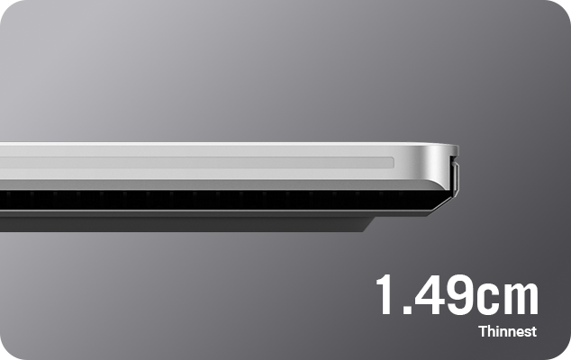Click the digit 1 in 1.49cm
coord(386,294)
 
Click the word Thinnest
coord(508,331)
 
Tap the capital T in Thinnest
coord(484,331)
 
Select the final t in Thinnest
coord(533,332)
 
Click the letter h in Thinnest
coord(493,331)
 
